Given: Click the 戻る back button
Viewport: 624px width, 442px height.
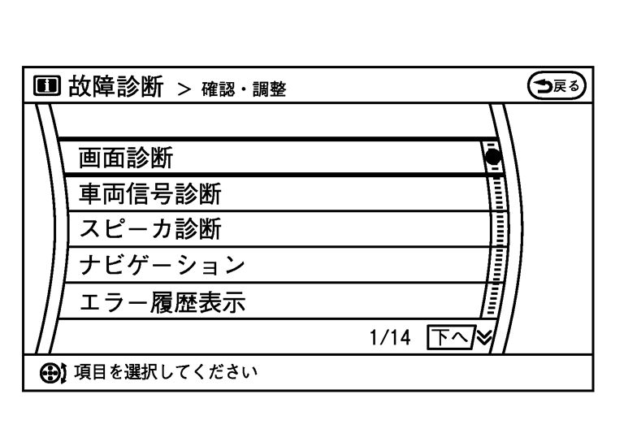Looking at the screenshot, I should pyautogui.click(x=557, y=84).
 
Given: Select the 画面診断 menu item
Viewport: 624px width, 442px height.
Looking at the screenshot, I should pyautogui.click(x=126, y=158).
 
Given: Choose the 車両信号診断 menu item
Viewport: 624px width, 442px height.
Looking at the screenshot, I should pyautogui.click(x=150, y=194).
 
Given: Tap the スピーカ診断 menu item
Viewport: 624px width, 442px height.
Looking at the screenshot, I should pyautogui.click(x=149, y=230).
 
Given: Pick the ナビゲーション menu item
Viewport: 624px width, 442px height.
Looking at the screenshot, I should pyautogui.click(x=162, y=266).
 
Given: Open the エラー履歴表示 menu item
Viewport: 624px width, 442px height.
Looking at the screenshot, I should pyautogui.click(x=162, y=302).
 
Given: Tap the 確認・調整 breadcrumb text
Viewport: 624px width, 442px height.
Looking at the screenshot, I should pyautogui.click(x=246, y=88).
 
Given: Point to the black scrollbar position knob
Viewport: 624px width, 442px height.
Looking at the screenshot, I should pyautogui.click(x=492, y=156).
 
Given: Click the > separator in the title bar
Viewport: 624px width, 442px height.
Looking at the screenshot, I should pyautogui.click(x=184, y=88).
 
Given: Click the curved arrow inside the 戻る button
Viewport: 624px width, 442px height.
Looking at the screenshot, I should pyautogui.click(x=542, y=84).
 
